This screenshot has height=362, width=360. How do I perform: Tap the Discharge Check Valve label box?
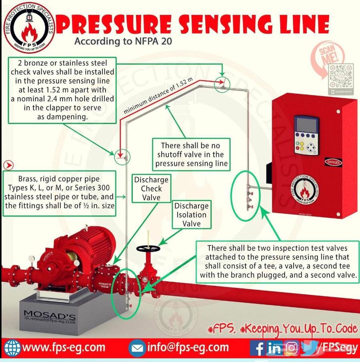151,189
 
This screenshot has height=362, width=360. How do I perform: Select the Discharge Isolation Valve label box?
191,215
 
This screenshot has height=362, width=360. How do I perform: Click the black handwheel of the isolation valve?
148,249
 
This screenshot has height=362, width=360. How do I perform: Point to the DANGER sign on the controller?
333,162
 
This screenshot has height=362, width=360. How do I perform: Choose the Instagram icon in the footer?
291,348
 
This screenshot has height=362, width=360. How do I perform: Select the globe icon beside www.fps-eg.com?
12,348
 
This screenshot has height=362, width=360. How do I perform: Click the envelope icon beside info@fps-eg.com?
137,348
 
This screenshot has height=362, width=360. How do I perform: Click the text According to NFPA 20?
123,41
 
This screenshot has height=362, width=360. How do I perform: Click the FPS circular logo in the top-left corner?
29,27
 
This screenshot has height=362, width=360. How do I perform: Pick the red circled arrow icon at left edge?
8,165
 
